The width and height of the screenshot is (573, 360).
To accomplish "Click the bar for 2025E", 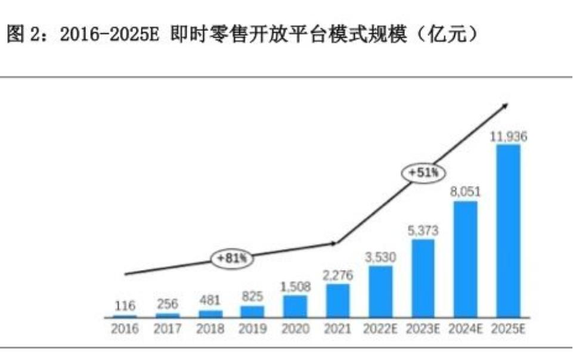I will point(508,229).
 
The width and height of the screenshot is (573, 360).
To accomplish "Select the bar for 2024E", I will point(466,258).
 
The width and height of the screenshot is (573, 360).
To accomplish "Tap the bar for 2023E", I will point(423,278).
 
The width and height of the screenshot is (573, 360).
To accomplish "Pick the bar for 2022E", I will point(380,291).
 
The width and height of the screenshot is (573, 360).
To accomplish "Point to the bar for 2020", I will point(295,305).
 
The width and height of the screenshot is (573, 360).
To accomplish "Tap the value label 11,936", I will point(508,137).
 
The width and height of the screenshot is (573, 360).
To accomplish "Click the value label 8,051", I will point(466,193).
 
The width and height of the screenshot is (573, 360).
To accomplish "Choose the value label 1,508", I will point(295,287).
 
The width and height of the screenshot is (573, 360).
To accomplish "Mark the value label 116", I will point(125,306).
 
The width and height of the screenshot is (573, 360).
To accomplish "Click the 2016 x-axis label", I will point(125,329).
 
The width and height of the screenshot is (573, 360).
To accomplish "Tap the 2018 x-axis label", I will point(210,329).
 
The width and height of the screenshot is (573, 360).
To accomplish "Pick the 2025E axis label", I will point(508,329).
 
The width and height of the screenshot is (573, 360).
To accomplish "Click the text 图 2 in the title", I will point(21,35).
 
